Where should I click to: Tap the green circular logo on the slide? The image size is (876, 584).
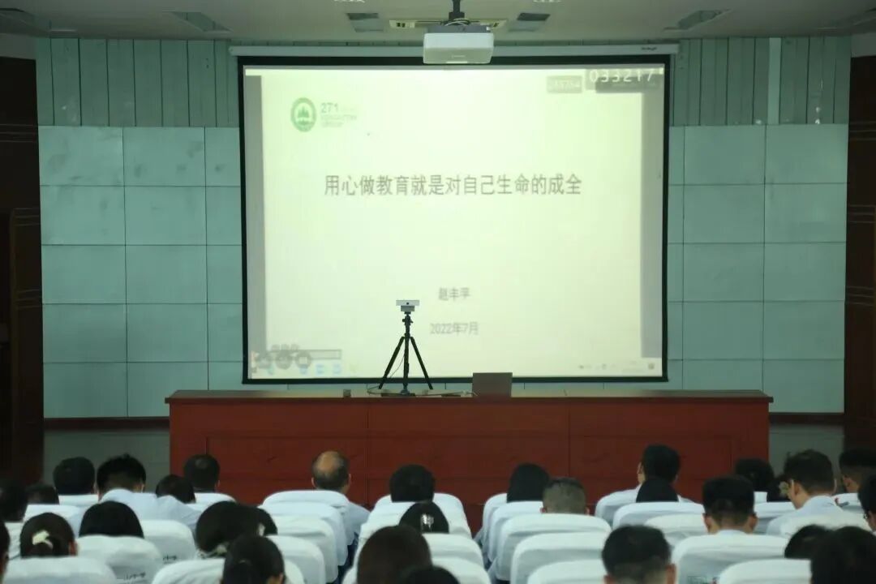point(303,114)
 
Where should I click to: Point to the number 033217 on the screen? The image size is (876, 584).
point(621,76)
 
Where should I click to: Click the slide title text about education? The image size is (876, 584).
point(453,185)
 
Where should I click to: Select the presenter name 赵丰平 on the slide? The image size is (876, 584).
point(453,294)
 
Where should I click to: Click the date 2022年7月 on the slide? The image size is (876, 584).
point(453,328)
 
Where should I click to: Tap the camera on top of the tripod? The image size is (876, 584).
point(407,305)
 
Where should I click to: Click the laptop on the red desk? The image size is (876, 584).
point(492,384)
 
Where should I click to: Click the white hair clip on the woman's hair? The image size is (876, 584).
point(40,538)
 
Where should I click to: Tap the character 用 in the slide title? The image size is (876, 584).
point(333,185)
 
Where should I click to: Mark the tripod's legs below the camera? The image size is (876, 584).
point(406,357)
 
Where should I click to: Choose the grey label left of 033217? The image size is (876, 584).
point(565,83)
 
